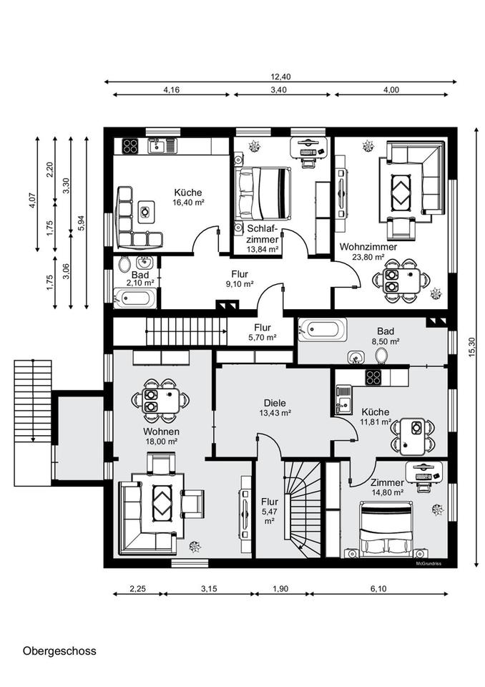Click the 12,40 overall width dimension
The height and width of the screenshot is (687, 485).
(280, 77)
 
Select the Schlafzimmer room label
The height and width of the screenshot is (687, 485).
(263, 234)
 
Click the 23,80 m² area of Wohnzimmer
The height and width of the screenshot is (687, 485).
(368, 257)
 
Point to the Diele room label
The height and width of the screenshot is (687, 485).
(275, 403)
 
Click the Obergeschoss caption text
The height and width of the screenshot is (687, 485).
(59, 651)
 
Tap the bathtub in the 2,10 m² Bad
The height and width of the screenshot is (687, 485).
(135, 298)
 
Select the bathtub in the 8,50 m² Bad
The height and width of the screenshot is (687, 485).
(323, 329)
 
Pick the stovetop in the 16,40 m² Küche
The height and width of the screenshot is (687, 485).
(130, 146)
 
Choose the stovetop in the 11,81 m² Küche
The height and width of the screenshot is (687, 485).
(373, 377)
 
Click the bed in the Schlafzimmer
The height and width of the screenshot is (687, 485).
(263, 193)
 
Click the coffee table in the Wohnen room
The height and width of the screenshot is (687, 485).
(162, 500)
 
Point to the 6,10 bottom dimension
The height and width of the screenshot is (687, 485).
(378, 588)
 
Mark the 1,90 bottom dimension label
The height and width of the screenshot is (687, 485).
(280, 588)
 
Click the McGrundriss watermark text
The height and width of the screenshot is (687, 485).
(428, 563)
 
